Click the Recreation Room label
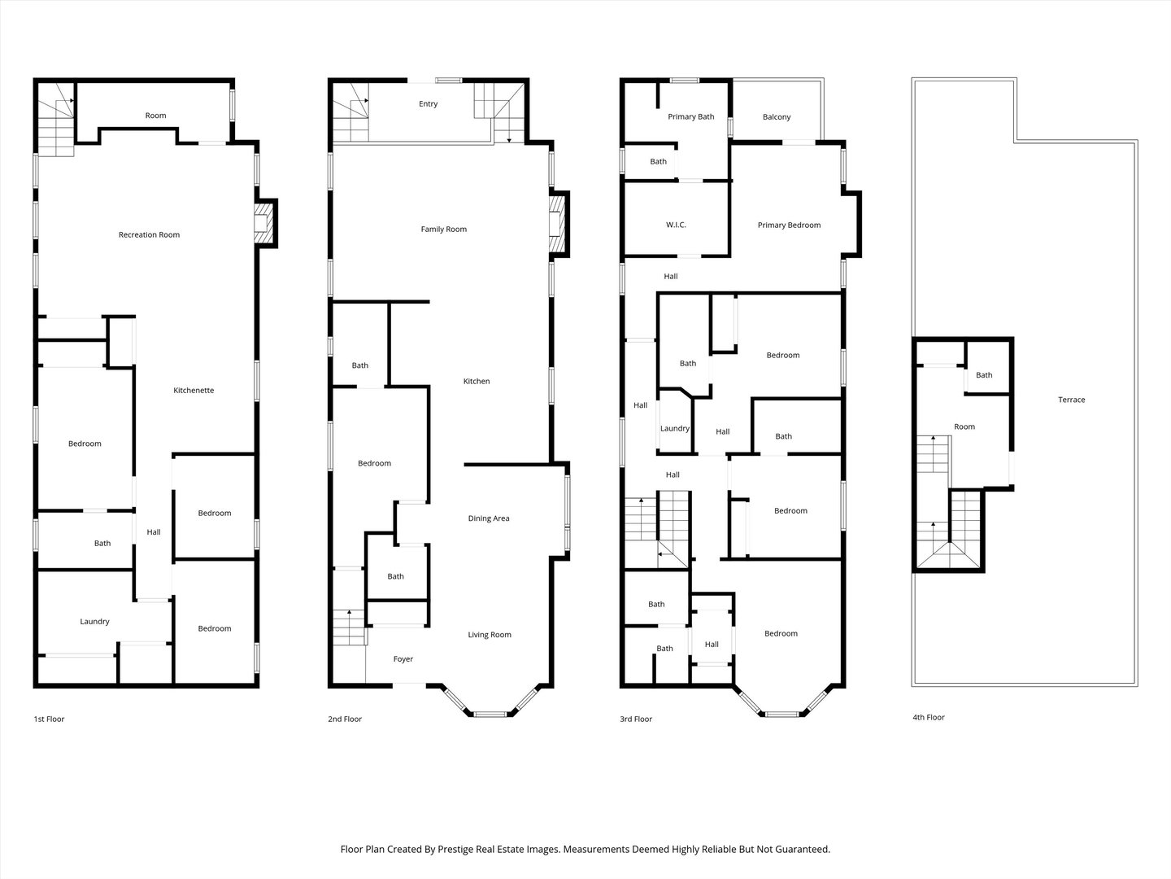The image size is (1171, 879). pos(149,235)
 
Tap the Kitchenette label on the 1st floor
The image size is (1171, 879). pos(194,390)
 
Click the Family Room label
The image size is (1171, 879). pos(444,230)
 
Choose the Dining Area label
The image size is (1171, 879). pos(489,518)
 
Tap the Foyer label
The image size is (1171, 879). pos(403,659)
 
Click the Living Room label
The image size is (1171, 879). pos(490,635)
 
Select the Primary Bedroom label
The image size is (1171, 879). pos(789,225)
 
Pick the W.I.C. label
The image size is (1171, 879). pos(676,225)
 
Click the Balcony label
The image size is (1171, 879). pos(777,117)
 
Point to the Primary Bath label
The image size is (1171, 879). pos(691,117)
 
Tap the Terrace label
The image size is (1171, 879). pos(1072,400)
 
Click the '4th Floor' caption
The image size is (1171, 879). pos(929,717)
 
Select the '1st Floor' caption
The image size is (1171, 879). pos(49,719)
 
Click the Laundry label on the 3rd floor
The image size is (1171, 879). pos(675,429)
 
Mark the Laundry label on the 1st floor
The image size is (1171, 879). pos(95,622)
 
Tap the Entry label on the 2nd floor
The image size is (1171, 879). pos(429,104)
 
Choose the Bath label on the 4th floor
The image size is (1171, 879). pos(984,375)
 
